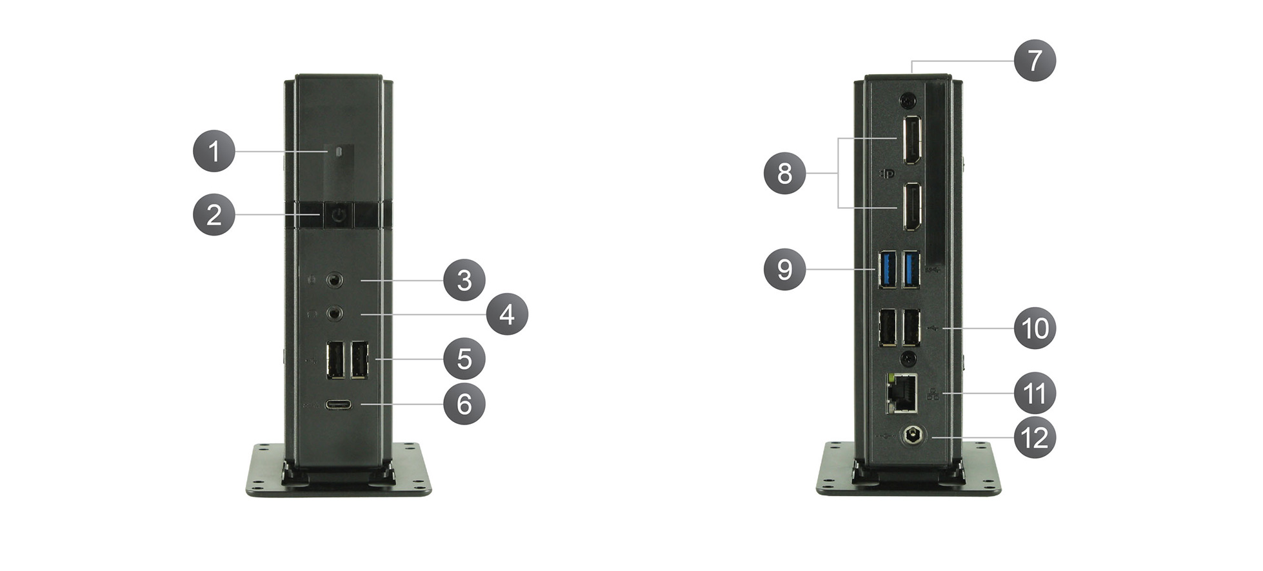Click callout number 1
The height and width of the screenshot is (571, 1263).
tap(214, 151)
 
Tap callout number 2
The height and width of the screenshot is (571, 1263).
tap(214, 214)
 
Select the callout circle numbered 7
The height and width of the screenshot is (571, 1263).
tap(1035, 60)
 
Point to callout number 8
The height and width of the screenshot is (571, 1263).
tap(784, 173)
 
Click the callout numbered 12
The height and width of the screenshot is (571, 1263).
tap(1035, 438)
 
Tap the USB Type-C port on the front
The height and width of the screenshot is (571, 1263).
tap(339, 405)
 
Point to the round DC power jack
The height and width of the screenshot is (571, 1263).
tap(911, 436)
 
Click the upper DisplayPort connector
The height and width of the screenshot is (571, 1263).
tap(911, 140)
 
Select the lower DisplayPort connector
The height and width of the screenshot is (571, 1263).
tap(911, 206)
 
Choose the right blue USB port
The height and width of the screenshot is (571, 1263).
tap(911, 268)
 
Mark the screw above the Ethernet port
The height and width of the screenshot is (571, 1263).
tap(908, 357)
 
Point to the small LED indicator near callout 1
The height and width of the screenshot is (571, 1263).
tap(339, 150)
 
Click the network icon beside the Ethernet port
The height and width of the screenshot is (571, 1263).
tap(933, 393)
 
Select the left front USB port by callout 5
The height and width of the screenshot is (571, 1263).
tap(335, 359)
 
